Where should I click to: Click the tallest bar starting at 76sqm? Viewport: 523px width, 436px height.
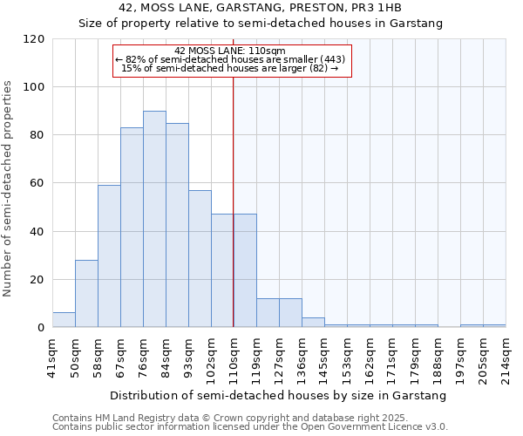pyautogui.click(x=154, y=219)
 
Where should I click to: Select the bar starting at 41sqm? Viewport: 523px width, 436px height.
pyautogui.click(x=64, y=320)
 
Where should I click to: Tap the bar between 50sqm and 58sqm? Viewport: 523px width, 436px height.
pyautogui.click(x=86, y=294)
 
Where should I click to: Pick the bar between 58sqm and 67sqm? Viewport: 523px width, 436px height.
pyautogui.click(x=109, y=256)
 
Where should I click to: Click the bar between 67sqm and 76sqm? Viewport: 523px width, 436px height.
pyautogui.click(x=132, y=228)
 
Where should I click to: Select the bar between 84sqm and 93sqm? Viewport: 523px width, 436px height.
pyautogui.click(x=177, y=225)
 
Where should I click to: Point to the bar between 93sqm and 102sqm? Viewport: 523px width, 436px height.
pyautogui.click(x=200, y=259)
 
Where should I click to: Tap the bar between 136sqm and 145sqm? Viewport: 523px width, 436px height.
pyautogui.click(x=313, y=323)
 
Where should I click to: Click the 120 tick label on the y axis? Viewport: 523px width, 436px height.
pyautogui.click(x=34, y=39)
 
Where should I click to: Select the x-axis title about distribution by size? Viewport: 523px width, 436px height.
pyautogui.click(x=279, y=395)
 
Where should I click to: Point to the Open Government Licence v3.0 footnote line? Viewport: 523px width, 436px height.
pyautogui.click(x=250, y=426)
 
